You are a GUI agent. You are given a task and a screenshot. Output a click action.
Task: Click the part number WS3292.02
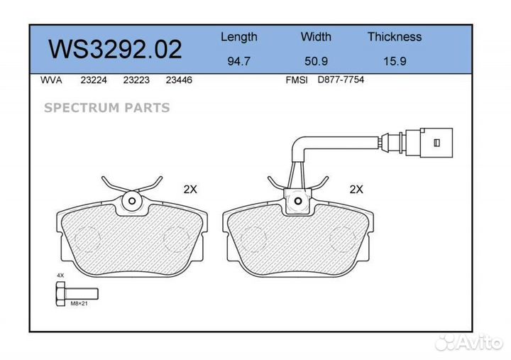coord(115,49)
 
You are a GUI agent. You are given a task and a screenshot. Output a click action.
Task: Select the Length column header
coord(238,37)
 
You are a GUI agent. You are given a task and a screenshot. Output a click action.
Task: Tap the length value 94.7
coord(238,61)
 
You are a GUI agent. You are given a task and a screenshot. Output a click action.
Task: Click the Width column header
coord(316,37)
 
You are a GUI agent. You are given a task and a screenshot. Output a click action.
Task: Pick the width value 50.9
coord(316,61)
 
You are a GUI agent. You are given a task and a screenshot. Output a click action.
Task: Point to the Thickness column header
coord(394,37)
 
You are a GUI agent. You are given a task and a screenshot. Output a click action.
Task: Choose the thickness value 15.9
coord(394,61)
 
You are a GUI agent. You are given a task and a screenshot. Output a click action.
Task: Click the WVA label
coord(52,80)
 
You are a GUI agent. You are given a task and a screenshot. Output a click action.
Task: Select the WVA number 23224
coord(94,80)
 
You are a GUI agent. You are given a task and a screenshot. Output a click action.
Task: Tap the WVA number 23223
coord(136,80)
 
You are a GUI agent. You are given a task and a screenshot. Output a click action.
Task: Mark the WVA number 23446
coord(179,80)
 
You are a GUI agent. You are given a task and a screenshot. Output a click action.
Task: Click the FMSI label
coord(296,80)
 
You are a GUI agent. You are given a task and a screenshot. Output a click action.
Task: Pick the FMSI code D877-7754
coord(341,80)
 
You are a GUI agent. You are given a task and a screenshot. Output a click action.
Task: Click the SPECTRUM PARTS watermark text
coord(107,108)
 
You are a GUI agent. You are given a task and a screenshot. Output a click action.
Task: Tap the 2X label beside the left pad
coord(190,190)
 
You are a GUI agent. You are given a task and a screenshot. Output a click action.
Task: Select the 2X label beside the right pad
coord(356,190)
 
